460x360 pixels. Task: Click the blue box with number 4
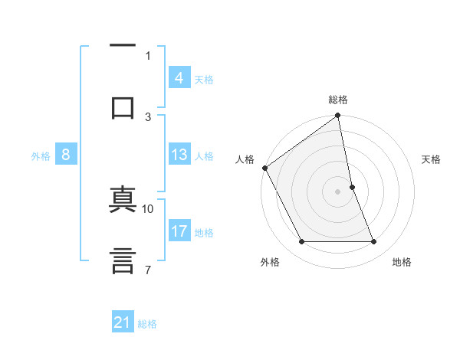179,78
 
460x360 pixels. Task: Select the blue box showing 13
179,155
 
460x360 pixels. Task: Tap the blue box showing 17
179,232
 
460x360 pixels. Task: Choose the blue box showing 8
66,155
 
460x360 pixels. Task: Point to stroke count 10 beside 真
149,208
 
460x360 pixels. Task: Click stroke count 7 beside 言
149,270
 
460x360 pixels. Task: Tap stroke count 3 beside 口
149,117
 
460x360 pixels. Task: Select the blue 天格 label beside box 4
204,79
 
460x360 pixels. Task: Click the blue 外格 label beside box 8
41,156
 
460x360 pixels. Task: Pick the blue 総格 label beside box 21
148,324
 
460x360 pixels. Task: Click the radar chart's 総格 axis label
338,100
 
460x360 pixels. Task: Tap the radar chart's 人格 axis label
245,159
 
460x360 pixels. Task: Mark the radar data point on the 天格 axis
352,187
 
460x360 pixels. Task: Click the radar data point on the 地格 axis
374,242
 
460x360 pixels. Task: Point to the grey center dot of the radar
338,191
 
